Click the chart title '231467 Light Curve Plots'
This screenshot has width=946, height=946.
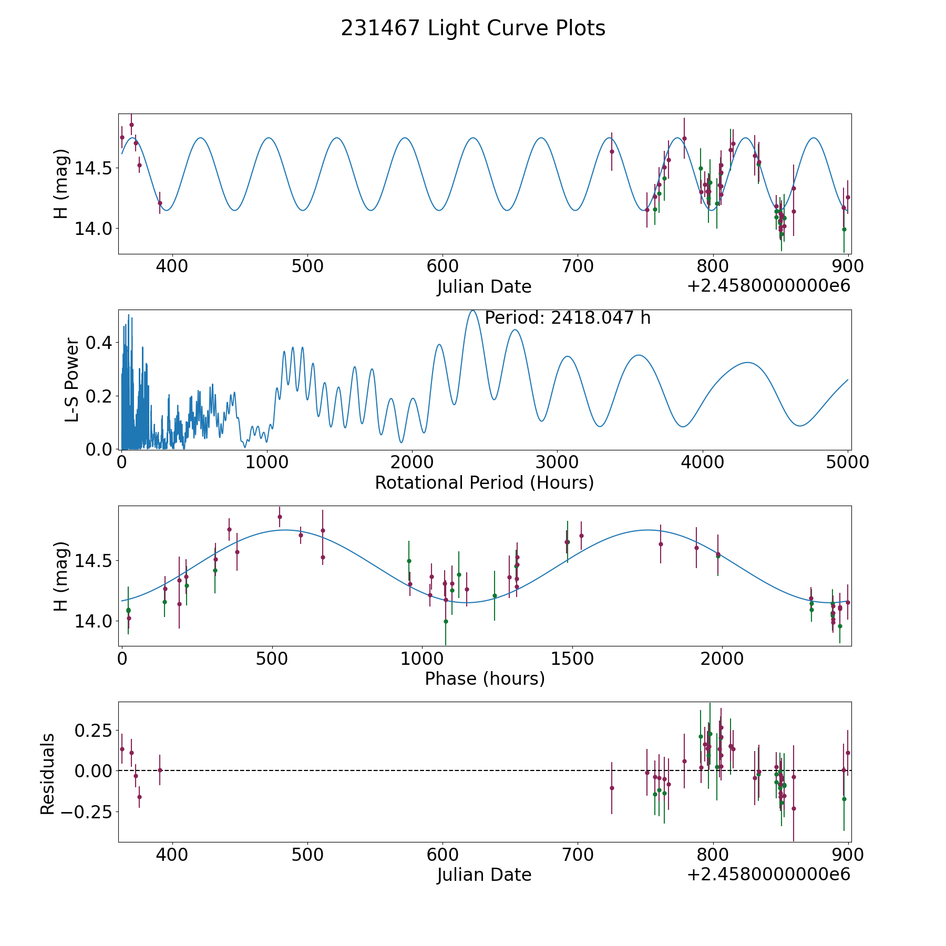click(x=473, y=28)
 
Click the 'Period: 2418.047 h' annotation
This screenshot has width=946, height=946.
click(x=568, y=318)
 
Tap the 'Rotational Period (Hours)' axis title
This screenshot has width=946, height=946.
click(x=484, y=482)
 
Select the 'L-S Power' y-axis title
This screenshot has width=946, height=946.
click(x=72, y=379)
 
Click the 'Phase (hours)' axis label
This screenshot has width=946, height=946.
click(x=485, y=678)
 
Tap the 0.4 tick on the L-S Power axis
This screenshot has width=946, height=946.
click(x=99, y=343)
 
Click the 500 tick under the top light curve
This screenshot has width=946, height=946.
click(x=307, y=266)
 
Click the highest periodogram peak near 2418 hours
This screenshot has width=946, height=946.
click(x=472, y=311)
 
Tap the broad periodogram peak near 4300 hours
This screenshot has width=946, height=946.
click(x=747, y=363)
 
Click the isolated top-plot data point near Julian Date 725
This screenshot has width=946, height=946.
click(x=612, y=151)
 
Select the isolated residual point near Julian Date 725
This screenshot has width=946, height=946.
click(x=612, y=788)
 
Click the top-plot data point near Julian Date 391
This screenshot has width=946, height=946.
click(x=160, y=203)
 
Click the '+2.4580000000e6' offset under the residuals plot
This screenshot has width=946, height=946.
click(x=768, y=875)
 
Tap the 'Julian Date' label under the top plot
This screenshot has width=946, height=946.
click(x=484, y=287)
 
